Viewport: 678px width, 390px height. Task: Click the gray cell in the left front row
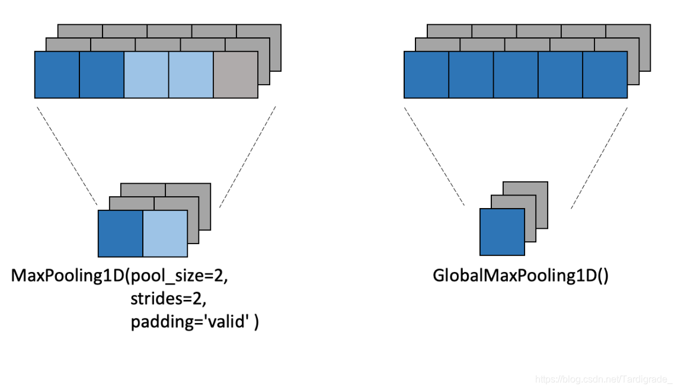click(x=235, y=74)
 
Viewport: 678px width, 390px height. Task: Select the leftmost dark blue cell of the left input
click(x=57, y=74)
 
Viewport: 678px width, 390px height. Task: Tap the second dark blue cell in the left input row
click(x=101, y=74)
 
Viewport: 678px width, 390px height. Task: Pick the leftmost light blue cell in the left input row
click(x=146, y=74)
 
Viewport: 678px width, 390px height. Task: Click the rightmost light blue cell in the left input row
click(x=191, y=74)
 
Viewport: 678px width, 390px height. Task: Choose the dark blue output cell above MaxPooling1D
click(x=120, y=233)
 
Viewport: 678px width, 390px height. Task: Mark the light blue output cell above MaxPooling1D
click(x=165, y=233)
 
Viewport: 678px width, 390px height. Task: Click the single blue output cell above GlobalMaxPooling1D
click(x=502, y=232)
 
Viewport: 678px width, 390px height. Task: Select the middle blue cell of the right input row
click(x=516, y=74)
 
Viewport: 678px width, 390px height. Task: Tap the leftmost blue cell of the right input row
click(x=426, y=74)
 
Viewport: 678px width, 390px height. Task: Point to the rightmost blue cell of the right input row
click(x=605, y=74)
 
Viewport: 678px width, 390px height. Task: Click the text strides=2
click(x=168, y=299)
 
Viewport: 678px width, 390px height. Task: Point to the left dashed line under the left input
click(x=66, y=156)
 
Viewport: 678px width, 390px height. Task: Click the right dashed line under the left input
click(x=248, y=156)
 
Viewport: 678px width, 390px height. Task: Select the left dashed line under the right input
click(x=434, y=156)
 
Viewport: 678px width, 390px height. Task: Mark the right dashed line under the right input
click(x=600, y=156)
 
